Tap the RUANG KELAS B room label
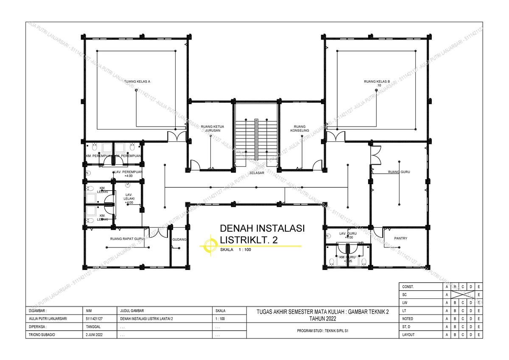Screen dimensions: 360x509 pos(377,81)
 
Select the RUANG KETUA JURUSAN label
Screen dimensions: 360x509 pos(213,129)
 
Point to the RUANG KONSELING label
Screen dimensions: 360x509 pos(299,129)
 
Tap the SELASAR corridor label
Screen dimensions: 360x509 pos(257,173)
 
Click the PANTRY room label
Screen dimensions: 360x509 pos(400,238)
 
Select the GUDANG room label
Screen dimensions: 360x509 pos(179,239)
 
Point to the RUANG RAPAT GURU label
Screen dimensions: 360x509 pos(127,239)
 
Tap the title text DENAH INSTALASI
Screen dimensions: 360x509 pos(262,228)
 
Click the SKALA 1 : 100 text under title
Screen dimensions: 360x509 pos(236,250)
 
